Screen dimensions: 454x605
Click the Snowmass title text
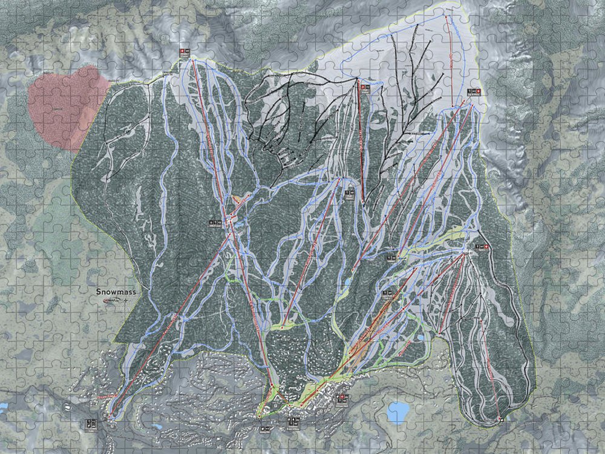click(x=116, y=292)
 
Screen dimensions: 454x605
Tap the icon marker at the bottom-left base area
click(x=91, y=424)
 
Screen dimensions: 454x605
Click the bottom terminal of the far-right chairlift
click(x=500, y=418)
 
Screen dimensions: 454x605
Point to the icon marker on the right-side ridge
click(x=482, y=247)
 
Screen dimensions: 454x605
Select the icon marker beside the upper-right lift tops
click(x=474, y=91)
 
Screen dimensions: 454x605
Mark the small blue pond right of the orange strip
click(x=418, y=336)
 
